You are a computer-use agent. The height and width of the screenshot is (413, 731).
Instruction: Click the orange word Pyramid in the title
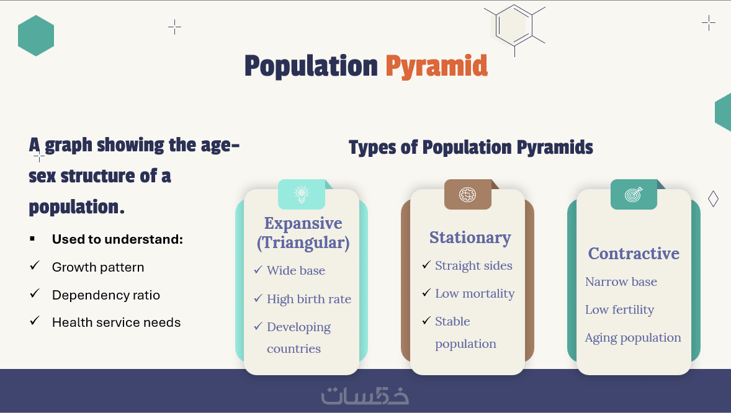click(x=436, y=66)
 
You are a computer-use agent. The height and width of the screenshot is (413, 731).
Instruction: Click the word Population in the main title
click(x=311, y=66)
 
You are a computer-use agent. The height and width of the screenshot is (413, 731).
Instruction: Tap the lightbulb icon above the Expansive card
click(x=302, y=194)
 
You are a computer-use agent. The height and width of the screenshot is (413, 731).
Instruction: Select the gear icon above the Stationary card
click(x=468, y=194)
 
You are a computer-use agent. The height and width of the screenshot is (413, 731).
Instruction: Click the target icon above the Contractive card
click(x=634, y=194)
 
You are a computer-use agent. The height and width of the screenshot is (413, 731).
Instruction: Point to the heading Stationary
click(x=470, y=238)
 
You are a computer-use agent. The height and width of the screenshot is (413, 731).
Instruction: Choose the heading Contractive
click(x=634, y=254)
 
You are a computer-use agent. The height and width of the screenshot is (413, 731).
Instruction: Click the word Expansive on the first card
click(x=303, y=223)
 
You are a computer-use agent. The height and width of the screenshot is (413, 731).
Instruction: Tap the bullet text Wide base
click(x=296, y=271)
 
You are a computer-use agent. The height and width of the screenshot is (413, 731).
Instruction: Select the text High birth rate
click(x=309, y=299)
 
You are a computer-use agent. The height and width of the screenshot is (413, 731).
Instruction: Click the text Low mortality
click(x=475, y=293)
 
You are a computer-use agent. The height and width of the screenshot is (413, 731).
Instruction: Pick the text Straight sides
click(x=473, y=265)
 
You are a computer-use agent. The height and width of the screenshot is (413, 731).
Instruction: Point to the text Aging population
click(x=633, y=337)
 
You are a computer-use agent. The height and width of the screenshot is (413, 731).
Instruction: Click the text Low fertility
click(x=619, y=309)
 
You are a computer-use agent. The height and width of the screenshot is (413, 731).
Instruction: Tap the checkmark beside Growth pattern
click(x=35, y=265)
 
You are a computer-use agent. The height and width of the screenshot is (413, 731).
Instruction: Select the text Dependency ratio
click(x=106, y=295)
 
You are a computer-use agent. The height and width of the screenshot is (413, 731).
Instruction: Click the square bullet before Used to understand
click(x=32, y=239)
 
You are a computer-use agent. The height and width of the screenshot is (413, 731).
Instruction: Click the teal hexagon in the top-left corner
click(x=36, y=35)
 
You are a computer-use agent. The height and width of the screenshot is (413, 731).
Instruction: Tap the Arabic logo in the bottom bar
click(x=365, y=395)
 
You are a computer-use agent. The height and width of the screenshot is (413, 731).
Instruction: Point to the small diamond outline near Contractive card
click(x=713, y=199)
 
